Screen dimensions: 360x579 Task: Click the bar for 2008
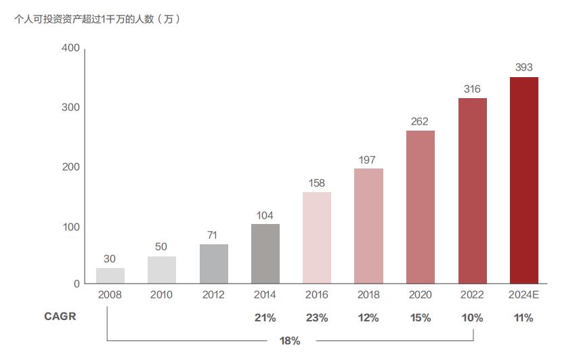click(110, 275)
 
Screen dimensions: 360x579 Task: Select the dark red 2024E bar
click(523, 180)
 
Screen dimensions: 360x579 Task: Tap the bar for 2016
click(316, 238)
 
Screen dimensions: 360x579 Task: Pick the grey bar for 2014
click(265, 253)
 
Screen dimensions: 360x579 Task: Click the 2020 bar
click(420, 206)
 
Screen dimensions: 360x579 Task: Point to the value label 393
click(523, 68)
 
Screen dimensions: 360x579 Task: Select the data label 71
click(213, 235)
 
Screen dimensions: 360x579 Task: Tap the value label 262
click(420, 122)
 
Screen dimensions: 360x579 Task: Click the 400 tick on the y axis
click(70, 49)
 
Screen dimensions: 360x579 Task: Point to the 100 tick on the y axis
click(70, 226)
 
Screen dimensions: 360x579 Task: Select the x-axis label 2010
click(161, 295)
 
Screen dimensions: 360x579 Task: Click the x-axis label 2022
click(472, 295)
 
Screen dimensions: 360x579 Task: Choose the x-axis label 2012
click(213, 295)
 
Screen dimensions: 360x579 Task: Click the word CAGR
click(60, 317)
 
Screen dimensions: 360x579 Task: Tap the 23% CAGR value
click(316, 317)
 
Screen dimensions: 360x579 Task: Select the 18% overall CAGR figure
click(289, 340)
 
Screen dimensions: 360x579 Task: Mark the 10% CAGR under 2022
click(472, 317)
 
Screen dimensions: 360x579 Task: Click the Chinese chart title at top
click(98, 19)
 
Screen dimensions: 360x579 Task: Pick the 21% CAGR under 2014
click(265, 317)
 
